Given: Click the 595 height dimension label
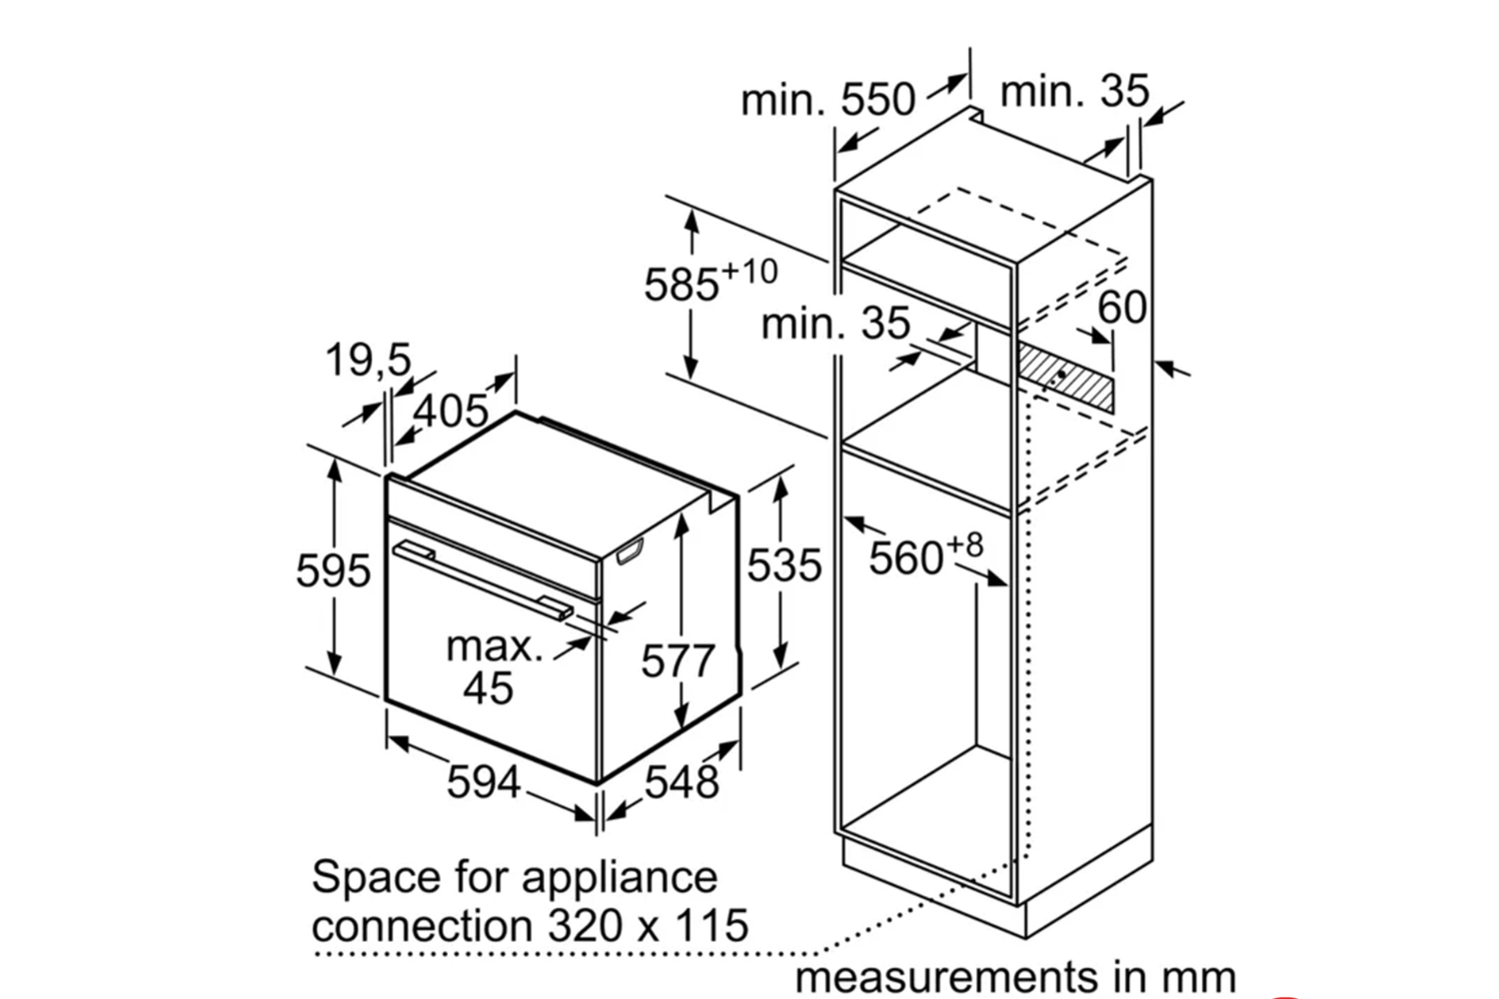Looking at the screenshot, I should tap(333, 570).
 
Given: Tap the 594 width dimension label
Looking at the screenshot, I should tap(483, 781).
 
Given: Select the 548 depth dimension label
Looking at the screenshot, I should tap(682, 781).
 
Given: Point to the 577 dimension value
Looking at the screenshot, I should tap(678, 661).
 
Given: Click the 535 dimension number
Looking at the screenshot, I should tap(784, 565).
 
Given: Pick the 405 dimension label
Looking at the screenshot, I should tap(451, 411).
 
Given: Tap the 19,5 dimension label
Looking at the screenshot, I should tap(368, 360).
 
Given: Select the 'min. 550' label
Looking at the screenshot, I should tap(827, 100).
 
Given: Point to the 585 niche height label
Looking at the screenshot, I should tap(682, 286).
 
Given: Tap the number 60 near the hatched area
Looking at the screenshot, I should tap(1122, 307).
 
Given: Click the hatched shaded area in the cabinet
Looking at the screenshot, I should tap(1065, 375).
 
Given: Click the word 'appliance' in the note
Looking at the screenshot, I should tap(619, 877).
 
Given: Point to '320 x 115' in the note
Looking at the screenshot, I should tap(648, 926).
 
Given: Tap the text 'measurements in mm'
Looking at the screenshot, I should tap(1015, 976).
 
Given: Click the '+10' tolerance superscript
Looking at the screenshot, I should tap(749, 271).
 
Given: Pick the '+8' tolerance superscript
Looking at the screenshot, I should tap(964, 544).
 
